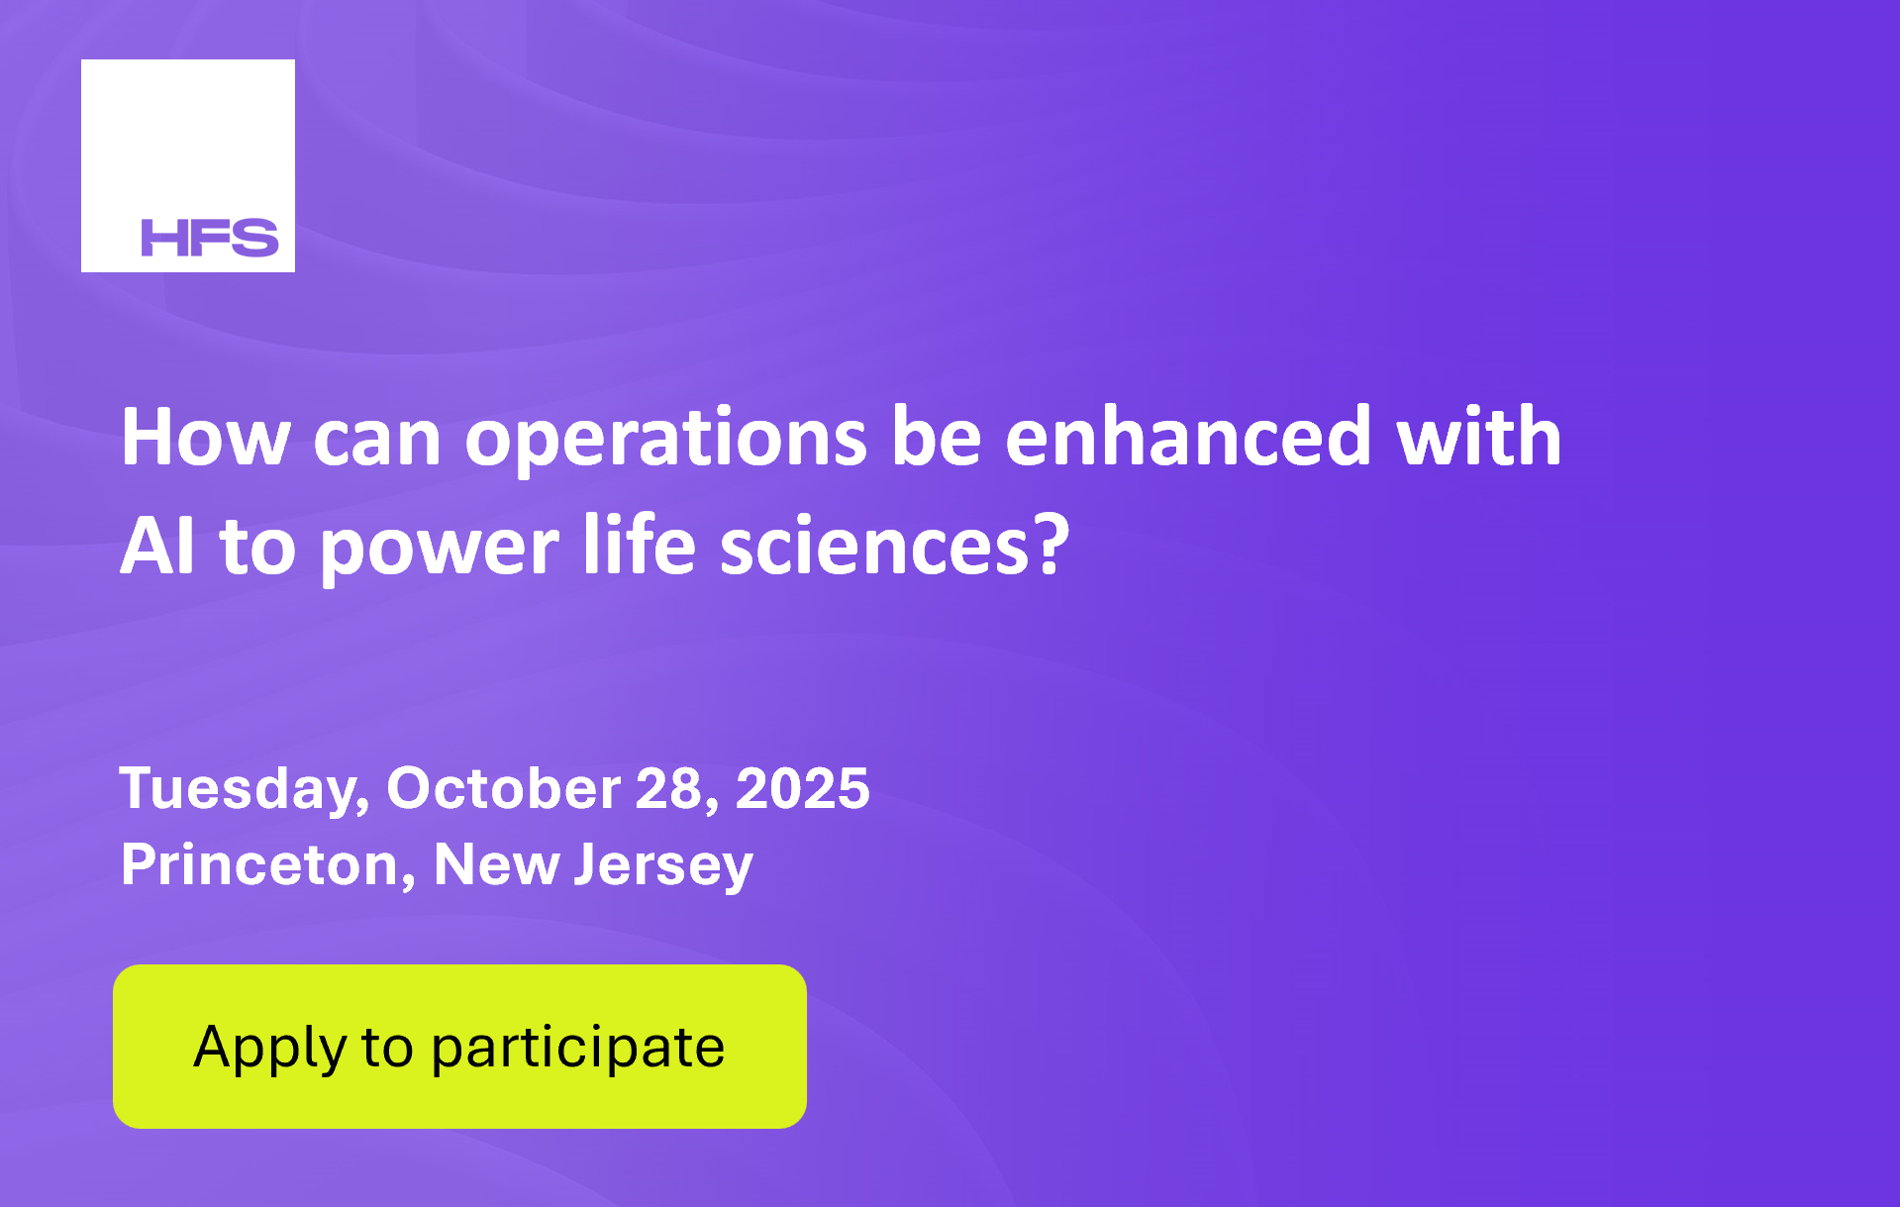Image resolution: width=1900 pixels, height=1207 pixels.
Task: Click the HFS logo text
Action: pos(210,238)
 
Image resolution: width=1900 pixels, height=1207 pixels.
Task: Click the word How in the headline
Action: pos(206,437)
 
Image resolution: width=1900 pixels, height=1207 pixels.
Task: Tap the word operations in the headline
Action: pos(666,439)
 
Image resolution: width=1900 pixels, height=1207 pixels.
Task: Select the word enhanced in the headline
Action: pos(1188,436)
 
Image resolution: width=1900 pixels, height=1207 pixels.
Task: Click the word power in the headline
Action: pos(439,550)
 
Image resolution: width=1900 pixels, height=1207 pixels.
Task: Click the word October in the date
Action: pos(504,788)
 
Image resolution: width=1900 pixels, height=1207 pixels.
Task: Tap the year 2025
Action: pos(803,789)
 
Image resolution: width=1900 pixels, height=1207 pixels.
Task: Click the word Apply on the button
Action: pos(269,1049)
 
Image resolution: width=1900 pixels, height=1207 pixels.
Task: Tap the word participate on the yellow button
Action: pos(578,1049)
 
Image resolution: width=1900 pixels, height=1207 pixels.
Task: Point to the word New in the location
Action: pos(496,865)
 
